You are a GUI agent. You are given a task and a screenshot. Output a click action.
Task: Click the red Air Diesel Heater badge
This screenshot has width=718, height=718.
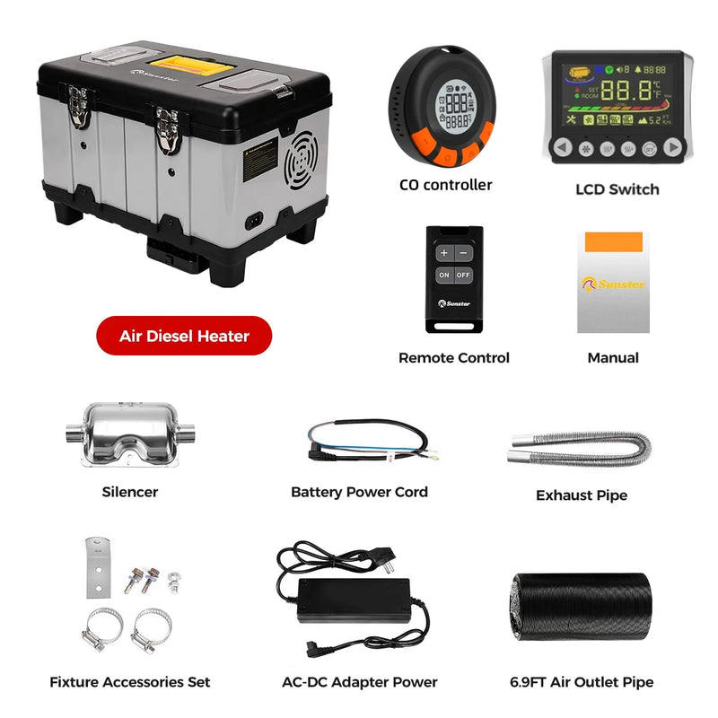[x=184, y=336]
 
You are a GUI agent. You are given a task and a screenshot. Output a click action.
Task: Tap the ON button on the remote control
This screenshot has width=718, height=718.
[x=445, y=275]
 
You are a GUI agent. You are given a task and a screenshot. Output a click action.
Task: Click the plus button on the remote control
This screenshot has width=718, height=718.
[x=444, y=253]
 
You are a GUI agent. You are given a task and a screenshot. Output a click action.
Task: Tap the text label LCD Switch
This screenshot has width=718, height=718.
[x=617, y=189]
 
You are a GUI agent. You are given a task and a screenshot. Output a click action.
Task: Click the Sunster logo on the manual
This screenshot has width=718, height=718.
[x=613, y=285]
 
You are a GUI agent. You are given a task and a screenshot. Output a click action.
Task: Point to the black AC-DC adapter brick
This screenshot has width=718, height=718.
[x=355, y=600]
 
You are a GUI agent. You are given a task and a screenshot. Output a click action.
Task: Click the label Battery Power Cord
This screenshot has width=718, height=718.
[x=359, y=492]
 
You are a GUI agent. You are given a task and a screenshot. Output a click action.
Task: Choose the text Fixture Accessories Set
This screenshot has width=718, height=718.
[x=130, y=682]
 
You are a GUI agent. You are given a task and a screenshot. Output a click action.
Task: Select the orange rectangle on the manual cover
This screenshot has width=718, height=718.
[x=613, y=242]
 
